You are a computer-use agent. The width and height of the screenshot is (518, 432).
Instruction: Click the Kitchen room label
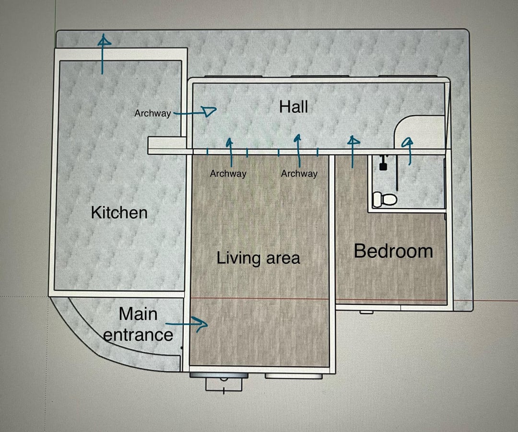click(119, 212)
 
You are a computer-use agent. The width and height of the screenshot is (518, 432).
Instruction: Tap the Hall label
click(294, 107)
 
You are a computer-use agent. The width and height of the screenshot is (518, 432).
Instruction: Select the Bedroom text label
click(393, 251)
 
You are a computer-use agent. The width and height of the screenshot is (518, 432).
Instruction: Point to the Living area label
click(259, 258)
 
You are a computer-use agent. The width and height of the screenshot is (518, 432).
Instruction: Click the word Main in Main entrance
click(138, 314)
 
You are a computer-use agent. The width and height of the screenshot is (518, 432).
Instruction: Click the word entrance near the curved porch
click(138, 335)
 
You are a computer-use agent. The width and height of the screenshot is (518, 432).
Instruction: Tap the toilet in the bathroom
click(385, 199)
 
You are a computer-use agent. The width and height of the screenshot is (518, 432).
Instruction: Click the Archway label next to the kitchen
click(153, 113)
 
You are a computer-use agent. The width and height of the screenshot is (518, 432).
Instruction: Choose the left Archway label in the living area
click(228, 174)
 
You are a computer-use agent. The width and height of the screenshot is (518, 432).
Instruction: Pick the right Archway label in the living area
click(299, 174)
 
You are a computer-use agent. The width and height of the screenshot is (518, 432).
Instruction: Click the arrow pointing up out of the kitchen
click(103, 54)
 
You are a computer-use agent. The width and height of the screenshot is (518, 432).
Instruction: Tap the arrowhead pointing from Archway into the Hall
click(209, 112)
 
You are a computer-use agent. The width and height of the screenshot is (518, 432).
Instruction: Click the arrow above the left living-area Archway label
click(230, 152)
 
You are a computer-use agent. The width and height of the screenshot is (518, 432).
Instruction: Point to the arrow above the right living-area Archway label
click(299, 150)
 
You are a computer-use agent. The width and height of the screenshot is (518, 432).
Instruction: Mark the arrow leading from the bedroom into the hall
click(353, 152)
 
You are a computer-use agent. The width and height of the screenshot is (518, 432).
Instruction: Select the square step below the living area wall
click(224, 385)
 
